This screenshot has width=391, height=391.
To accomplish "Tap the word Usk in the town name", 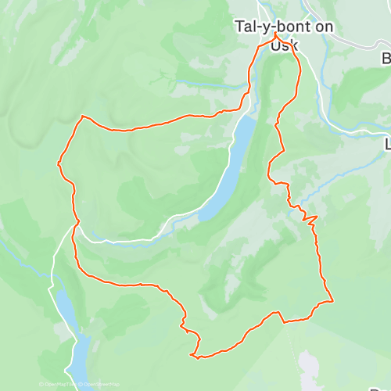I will pyautogui.click(x=284, y=45).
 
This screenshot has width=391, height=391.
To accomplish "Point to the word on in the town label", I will pyautogui.click(x=323, y=27).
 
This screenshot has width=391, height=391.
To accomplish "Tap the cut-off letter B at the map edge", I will pyautogui.click(x=386, y=59).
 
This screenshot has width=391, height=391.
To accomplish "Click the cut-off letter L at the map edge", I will pyautogui.click(x=387, y=145).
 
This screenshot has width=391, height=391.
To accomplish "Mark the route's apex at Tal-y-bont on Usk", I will pyautogui.click(x=275, y=35).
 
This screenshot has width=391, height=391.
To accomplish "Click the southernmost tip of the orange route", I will pyautogui.click(x=193, y=357).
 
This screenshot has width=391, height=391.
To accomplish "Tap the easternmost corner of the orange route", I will pyautogui.click(x=333, y=300).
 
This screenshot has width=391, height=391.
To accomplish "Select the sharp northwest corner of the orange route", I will pyautogui.click(x=81, y=117).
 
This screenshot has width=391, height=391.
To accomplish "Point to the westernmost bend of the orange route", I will pyautogui.click(x=59, y=163).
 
